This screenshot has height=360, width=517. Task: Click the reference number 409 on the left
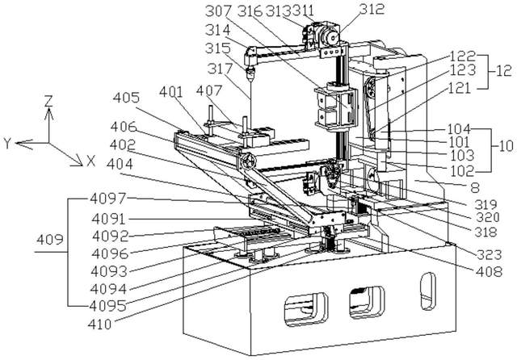coord(48,240)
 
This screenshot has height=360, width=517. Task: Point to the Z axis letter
coord(49,103)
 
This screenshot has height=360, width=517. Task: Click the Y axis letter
coord(6,143)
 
